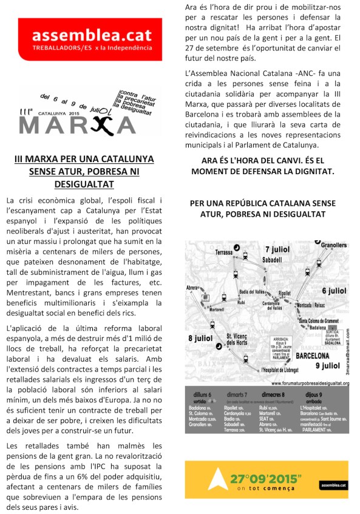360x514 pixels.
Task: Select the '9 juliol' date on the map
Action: coord(328,366)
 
